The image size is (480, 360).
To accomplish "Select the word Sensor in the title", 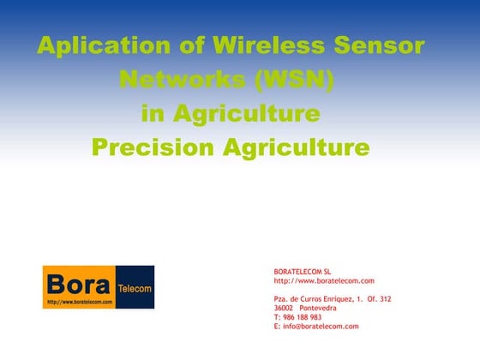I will pyautogui.click(x=379, y=45).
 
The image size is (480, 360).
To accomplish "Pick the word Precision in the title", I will pyautogui.click(x=153, y=147).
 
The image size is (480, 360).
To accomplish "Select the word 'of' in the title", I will pyautogui.click(x=176, y=45).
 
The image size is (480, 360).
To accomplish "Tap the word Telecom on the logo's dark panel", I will pyautogui.click(x=134, y=288).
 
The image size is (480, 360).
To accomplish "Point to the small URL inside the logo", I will pyautogui.click(x=80, y=303).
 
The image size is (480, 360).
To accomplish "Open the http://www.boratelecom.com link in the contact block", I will pyautogui.click(x=324, y=281).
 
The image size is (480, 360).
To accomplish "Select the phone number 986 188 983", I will pyautogui.click(x=303, y=317).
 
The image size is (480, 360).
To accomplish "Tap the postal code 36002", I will pyautogui.click(x=284, y=308).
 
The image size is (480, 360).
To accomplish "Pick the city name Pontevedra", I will pyautogui.click(x=318, y=308).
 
